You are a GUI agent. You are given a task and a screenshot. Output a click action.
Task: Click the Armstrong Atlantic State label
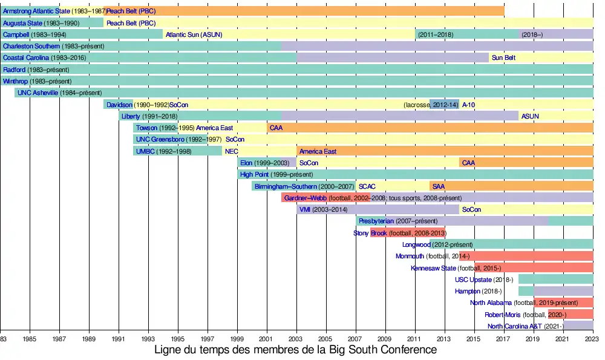36,11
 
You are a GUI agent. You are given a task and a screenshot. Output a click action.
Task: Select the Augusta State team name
22,23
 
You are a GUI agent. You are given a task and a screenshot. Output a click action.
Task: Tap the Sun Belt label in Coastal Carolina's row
503,58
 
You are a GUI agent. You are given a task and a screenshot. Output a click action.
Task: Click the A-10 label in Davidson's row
469,105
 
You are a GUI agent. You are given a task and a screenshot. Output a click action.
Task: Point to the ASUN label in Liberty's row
530,116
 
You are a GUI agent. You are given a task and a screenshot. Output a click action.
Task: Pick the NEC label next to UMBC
231,151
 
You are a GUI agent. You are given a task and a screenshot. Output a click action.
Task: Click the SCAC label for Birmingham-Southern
367,186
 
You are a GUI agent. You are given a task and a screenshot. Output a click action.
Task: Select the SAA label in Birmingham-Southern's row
438,186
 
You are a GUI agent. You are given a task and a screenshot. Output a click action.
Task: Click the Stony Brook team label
370,233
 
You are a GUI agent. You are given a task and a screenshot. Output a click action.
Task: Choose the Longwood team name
416,244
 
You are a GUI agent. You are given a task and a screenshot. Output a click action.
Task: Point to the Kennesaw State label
433,268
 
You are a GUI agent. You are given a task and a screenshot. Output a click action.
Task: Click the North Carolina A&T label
515,326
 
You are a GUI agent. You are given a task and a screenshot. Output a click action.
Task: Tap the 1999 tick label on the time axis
237,339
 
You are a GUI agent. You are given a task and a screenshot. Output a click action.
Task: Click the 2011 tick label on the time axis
416,339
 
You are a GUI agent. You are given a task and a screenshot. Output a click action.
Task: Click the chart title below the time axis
296,350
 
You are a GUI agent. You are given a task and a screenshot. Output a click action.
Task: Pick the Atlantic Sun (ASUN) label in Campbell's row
194,34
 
